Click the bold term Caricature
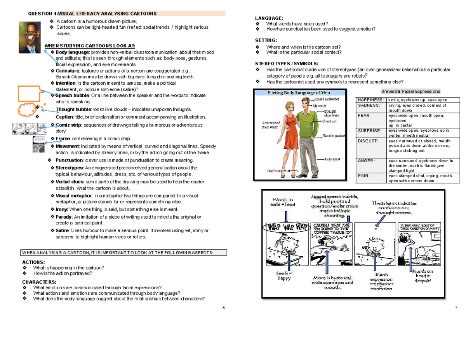[67, 71]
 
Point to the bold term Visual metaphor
[74, 196]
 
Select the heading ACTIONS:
[33, 262]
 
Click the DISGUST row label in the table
[367, 141]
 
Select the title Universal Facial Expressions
[410, 91]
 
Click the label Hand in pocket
[333, 136]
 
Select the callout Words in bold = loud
[285, 202]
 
